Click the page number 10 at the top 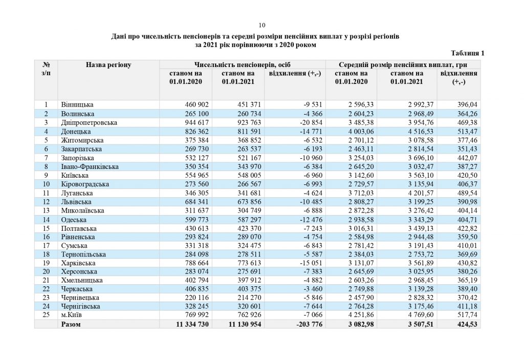262,25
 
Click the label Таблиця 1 467,53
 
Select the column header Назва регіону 108,65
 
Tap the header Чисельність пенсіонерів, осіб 243,65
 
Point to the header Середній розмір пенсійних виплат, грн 403,65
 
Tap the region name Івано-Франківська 90,167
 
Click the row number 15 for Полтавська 46,227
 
